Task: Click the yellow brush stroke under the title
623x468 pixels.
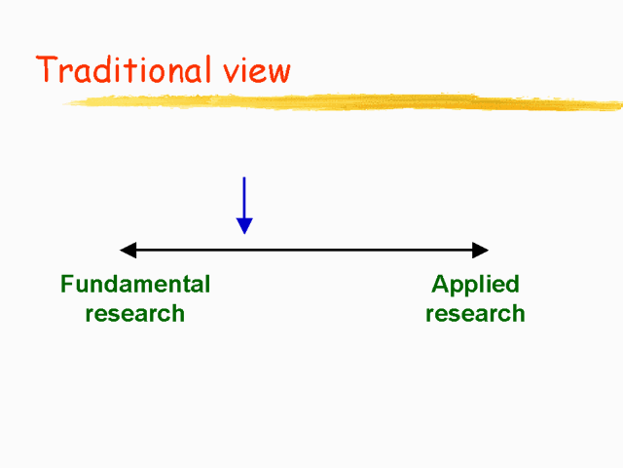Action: (350, 101)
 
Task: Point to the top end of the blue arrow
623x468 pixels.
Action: (244, 178)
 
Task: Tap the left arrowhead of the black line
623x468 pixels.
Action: (127, 251)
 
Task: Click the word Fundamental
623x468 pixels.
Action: (135, 285)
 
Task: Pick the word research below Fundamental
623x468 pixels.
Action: (135, 314)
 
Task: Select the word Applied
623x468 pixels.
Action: (475, 285)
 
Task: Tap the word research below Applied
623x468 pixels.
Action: (475, 314)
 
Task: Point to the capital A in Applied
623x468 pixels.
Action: (440, 285)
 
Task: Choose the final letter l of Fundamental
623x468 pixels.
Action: (206, 285)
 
